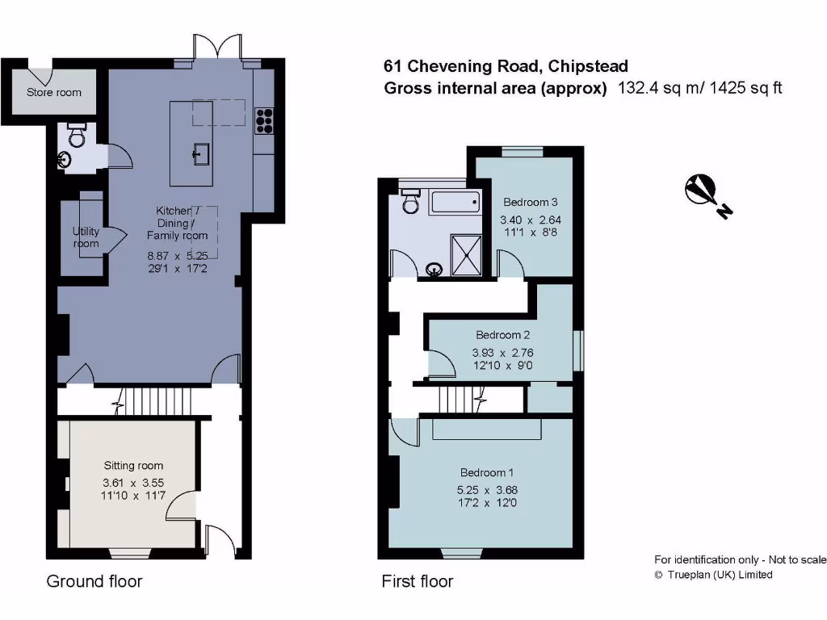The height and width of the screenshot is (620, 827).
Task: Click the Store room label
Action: (x=54, y=92)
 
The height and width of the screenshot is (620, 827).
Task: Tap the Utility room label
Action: (x=86, y=237)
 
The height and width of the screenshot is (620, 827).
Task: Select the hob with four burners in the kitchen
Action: (x=264, y=119)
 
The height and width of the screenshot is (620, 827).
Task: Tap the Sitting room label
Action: (x=133, y=465)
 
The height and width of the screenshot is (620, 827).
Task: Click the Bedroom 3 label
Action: (x=531, y=202)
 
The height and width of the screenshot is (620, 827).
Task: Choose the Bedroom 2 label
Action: (x=502, y=335)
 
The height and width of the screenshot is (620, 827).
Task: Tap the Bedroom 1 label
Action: (x=487, y=472)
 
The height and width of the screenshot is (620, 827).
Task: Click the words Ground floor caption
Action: (x=94, y=581)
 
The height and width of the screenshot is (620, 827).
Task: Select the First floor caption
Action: (x=417, y=581)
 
